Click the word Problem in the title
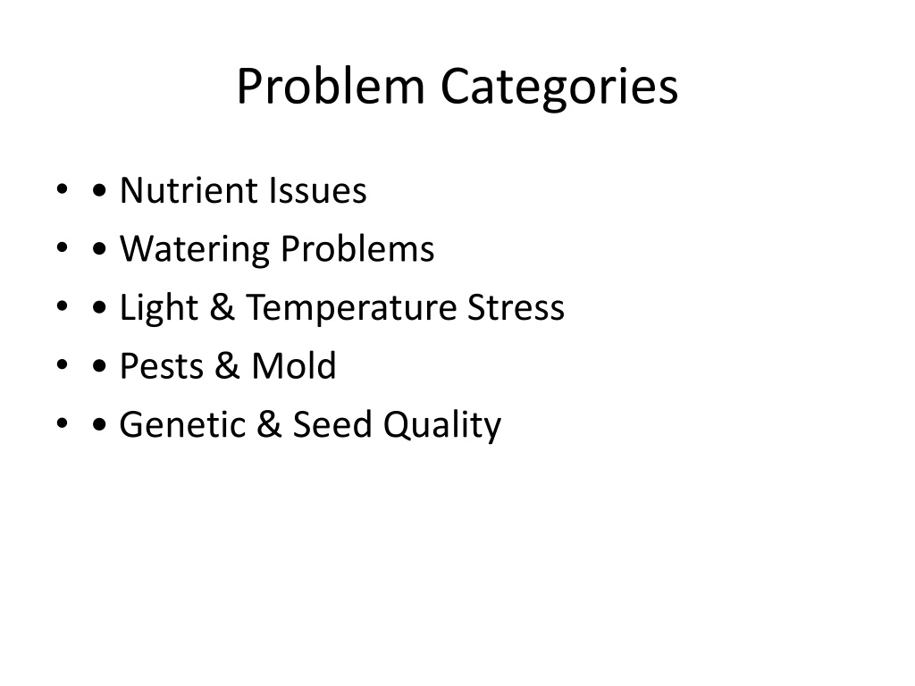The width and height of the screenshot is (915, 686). pyautogui.click(x=331, y=86)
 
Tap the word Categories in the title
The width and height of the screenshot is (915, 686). pyautogui.click(x=559, y=87)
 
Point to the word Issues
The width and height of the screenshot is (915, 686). pyautogui.click(x=317, y=190)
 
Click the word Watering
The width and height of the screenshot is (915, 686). pyautogui.click(x=195, y=249)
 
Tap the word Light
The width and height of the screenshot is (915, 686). pyautogui.click(x=159, y=307)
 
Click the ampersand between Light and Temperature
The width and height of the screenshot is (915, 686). pyautogui.click(x=222, y=307)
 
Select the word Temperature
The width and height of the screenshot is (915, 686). pyautogui.click(x=350, y=307)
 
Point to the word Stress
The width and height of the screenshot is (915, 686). pyautogui.click(x=516, y=307)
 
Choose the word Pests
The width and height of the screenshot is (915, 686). pyautogui.click(x=162, y=365)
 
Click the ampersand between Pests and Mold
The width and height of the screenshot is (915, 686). pyautogui.click(x=227, y=365)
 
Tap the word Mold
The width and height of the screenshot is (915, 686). pyautogui.click(x=293, y=365)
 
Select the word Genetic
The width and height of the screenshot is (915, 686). pyautogui.click(x=182, y=424)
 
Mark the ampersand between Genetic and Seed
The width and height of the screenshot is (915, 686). pyautogui.click(x=268, y=424)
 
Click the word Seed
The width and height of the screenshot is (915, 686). pyautogui.click(x=332, y=423)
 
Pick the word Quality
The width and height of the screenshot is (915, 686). pyautogui.click(x=442, y=425)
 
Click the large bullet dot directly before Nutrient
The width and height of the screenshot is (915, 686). pyautogui.click(x=100, y=190)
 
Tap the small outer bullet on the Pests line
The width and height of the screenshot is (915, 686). pyautogui.click(x=63, y=364)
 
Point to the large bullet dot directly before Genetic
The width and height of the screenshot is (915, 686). pyautogui.click(x=100, y=424)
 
